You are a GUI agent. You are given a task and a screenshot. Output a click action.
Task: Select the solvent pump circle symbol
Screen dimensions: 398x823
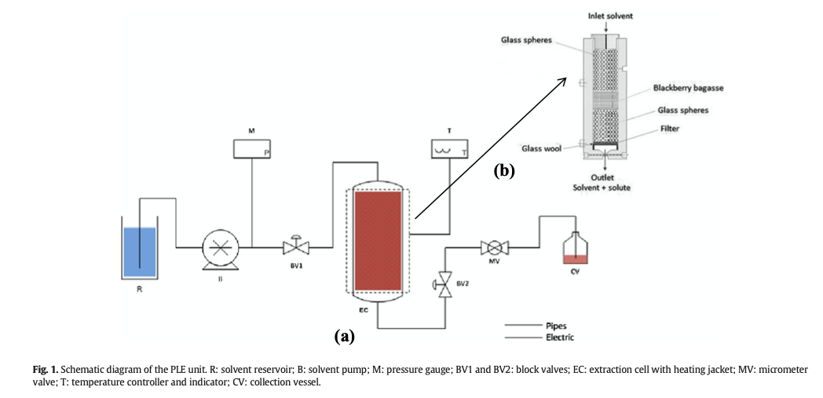tap(220, 248)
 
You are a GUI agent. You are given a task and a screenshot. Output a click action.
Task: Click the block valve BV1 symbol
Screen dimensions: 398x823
tap(296, 247)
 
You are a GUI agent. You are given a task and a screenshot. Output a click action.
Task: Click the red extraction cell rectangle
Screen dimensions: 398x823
tap(379, 239)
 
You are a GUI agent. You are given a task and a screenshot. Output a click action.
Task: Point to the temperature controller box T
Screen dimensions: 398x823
tap(451, 148)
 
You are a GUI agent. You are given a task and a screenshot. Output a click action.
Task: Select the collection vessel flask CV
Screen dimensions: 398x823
tap(577, 250)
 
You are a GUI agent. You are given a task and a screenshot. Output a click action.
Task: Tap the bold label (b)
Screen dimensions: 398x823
tap(503, 170)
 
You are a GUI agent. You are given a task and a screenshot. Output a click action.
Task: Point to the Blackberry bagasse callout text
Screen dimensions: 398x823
tap(688, 89)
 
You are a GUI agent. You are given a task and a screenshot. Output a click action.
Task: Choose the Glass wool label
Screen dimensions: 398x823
tap(540, 148)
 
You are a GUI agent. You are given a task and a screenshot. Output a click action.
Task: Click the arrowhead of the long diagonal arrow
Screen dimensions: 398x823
tap(566, 79)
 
